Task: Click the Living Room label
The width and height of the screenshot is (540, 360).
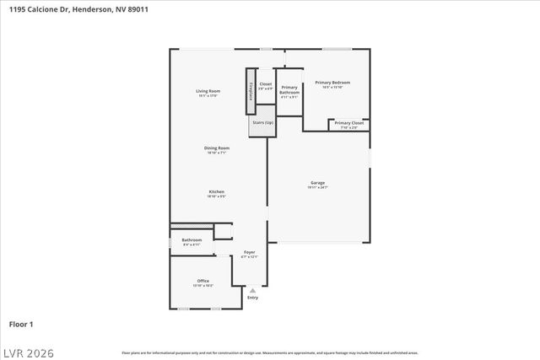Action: click(208, 91)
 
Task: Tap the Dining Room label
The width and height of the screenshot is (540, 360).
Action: click(217, 148)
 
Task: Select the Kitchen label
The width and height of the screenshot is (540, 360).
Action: click(217, 192)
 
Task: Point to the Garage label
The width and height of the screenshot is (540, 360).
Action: click(318, 183)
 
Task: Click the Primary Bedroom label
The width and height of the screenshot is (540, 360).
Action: click(332, 83)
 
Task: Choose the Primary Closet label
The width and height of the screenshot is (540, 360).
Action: click(348, 123)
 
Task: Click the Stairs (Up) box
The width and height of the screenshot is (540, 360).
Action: click(263, 123)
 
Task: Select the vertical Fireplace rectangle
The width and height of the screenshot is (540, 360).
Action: click(250, 91)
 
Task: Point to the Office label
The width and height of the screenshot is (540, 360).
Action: click(203, 281)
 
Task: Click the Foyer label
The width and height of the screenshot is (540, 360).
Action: click(250, 252)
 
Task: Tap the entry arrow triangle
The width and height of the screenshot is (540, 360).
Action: click(252, 290)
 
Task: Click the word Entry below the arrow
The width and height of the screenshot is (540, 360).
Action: click(252, 298)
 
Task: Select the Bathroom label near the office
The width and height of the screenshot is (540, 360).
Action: click(192, 239)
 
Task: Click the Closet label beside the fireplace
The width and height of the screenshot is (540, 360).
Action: click(266, 83)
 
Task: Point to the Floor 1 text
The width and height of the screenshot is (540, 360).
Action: click(21, 324)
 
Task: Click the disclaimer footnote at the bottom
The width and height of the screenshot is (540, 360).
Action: click(269, 352)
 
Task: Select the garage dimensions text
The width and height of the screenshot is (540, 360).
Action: click(318, 188)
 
